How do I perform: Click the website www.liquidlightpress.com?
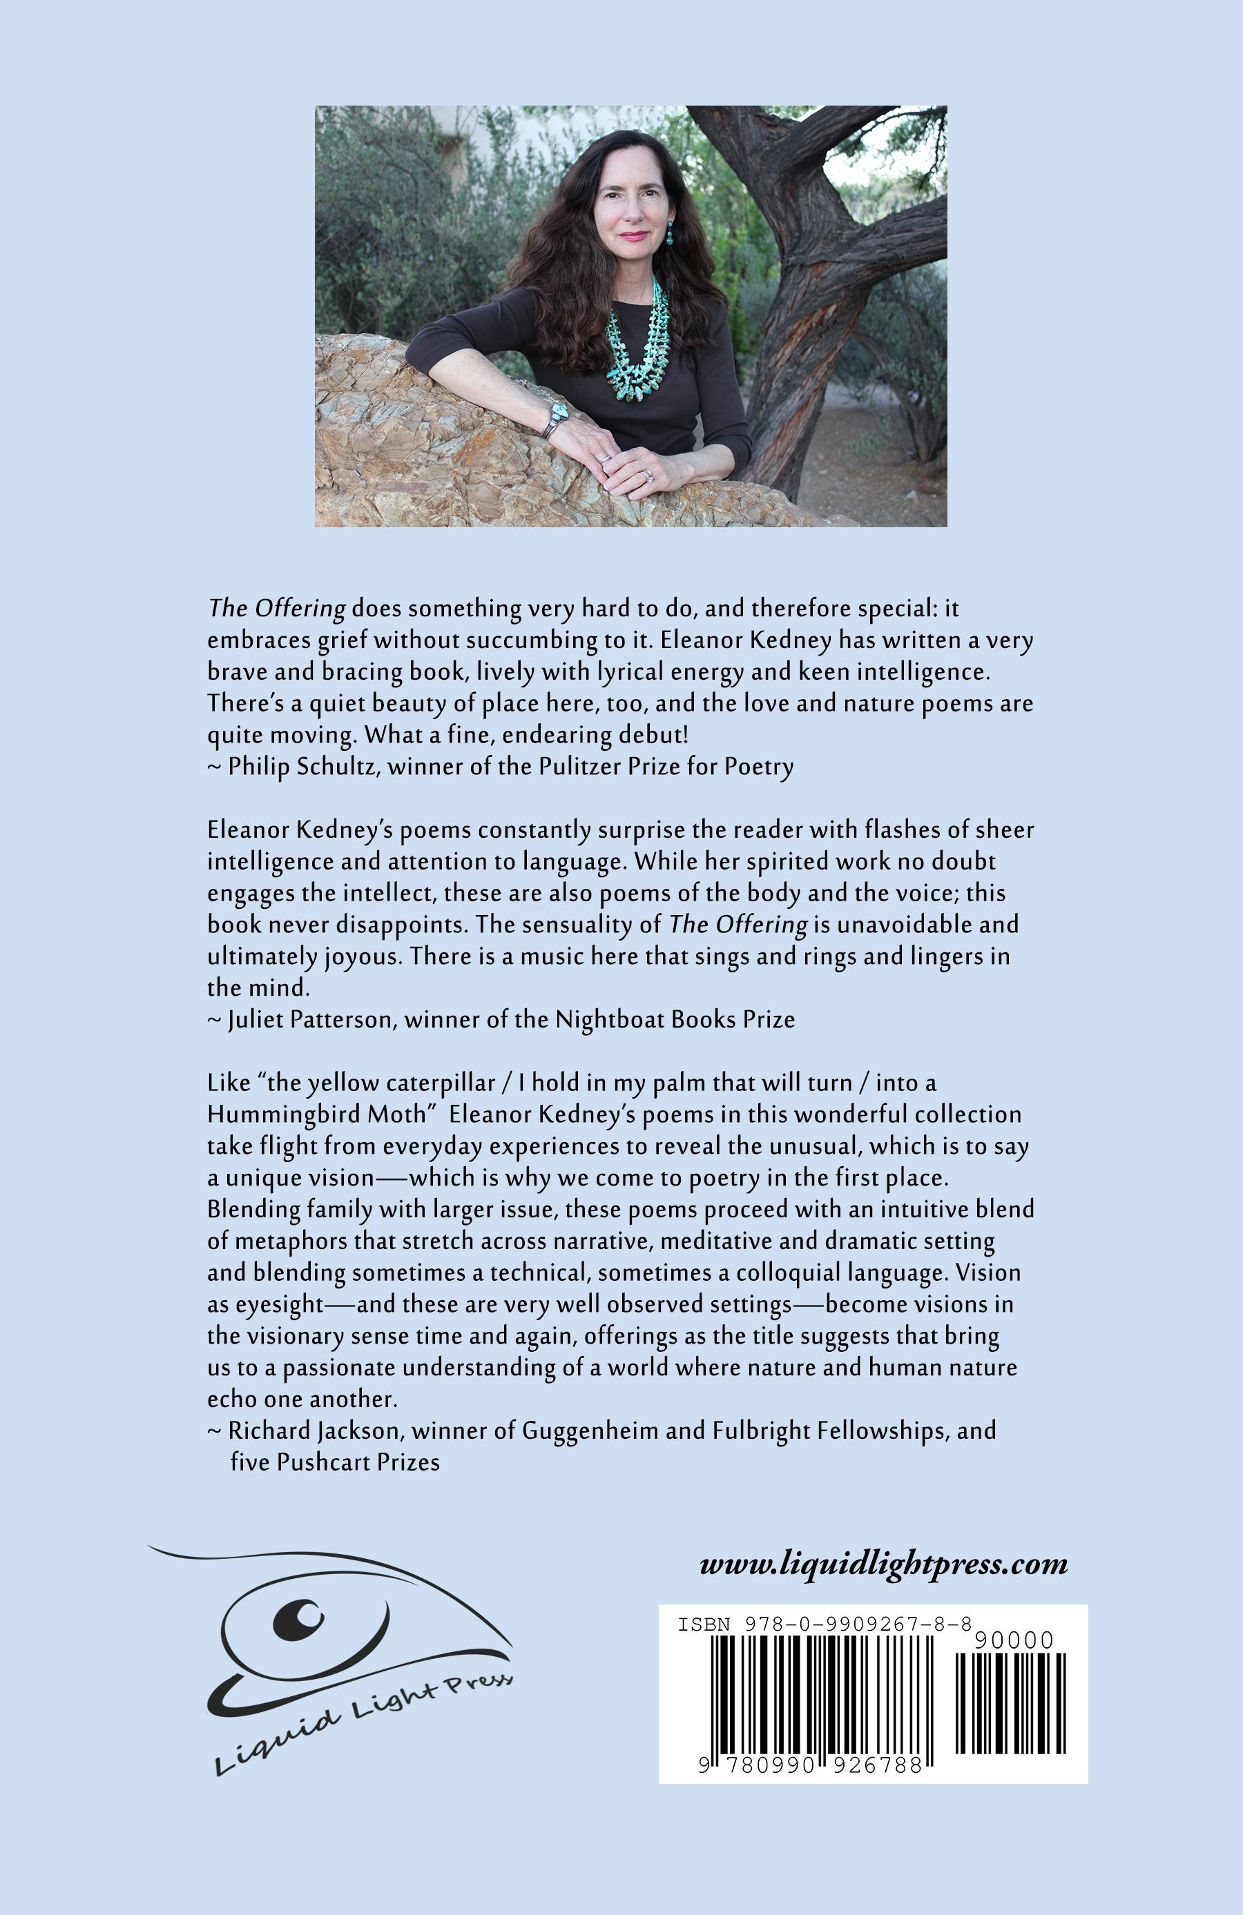883,1563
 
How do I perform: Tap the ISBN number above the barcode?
825,1624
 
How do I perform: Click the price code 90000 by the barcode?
1014,1640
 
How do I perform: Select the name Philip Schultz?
302,766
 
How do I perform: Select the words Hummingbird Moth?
316,1114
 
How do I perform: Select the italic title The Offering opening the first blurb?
277,608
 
